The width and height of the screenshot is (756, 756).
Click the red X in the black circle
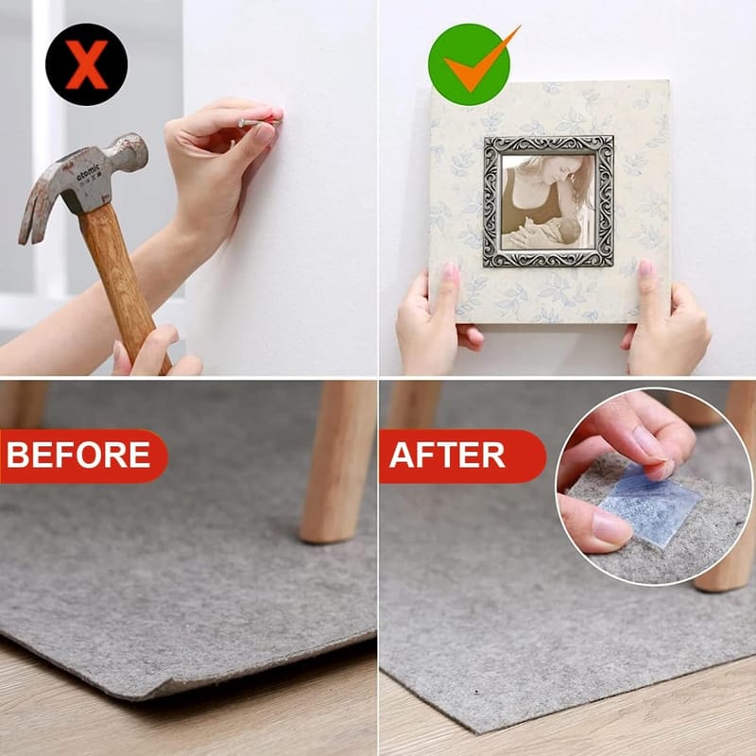click(86, 64)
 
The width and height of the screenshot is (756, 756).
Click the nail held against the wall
click(258, 123)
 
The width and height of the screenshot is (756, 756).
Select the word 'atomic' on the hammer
click(88, 172)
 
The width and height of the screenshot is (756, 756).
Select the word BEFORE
click(78, 455)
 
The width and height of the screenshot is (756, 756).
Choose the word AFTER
click(447, 455)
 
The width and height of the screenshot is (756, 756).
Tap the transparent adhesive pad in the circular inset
click(648, 504)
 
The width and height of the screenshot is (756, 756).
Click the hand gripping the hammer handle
click(154, 352)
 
